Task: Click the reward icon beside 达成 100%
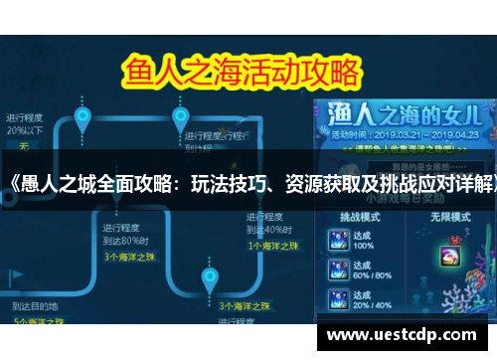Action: pyautogui.click(x=338, y=240)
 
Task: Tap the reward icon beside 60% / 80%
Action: pyautogui.click(x=338, y=270)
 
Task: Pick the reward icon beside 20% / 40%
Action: pyautogui.click(x=338, y=299)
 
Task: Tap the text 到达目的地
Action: pyautogui.click(x=34, y=306)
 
